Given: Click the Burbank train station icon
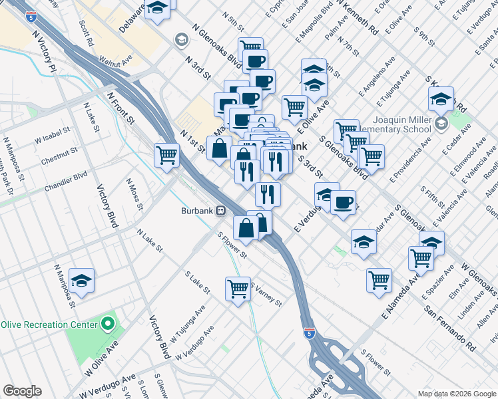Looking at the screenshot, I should coord(220,211).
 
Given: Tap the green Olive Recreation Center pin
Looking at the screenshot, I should coord(109,325).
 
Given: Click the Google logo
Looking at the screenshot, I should coord(22,391).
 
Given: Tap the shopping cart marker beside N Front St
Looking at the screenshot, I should coord(166,156).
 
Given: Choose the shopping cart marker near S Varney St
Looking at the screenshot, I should coord(238,289).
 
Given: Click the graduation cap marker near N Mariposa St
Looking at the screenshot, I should coord(81,281).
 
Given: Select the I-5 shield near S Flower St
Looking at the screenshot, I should coord(309,332).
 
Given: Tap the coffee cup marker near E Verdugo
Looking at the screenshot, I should coord(343,203).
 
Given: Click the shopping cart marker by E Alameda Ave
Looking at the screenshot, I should coord(379,279).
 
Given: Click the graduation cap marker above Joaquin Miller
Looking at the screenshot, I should coord(441,99).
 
